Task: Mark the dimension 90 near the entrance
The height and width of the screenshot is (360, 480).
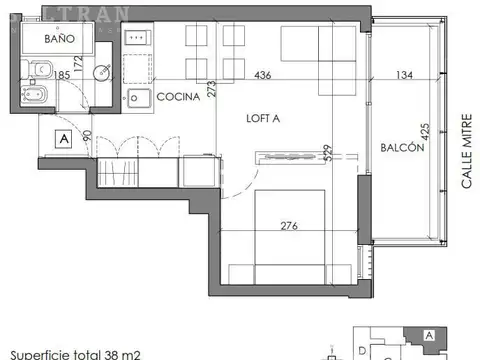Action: (x=86, y=137)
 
